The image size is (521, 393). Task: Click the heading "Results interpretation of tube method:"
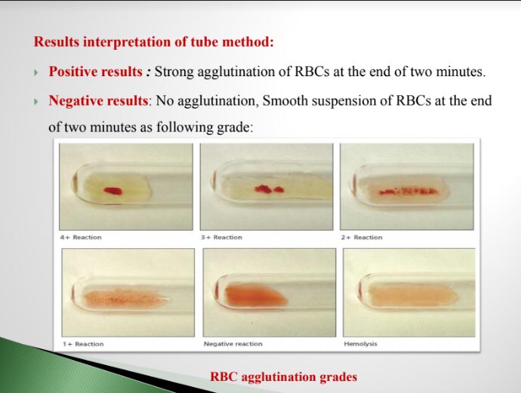[153, 41]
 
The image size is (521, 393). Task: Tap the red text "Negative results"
[96, 100]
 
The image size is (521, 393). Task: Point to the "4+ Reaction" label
[81, 238]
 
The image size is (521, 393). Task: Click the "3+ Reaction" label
[221, 238]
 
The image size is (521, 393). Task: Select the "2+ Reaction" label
[362, 238]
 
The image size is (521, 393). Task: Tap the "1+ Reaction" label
[83, 344]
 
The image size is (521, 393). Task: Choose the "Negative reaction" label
[233, 344]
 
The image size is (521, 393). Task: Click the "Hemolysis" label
[360, 344]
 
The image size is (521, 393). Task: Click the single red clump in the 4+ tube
[113, 191]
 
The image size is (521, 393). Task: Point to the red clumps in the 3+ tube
[268, 189]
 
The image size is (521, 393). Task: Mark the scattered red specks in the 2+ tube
[408, 192]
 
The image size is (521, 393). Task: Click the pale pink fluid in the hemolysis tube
[408, 293]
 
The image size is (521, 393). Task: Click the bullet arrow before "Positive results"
[35, 72]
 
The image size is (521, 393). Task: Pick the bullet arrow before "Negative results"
[35, 100]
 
